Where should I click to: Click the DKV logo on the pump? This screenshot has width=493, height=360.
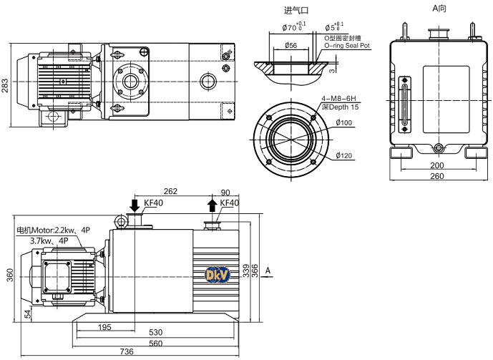click(215, 275)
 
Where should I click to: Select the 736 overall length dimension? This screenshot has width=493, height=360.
click(126, 351)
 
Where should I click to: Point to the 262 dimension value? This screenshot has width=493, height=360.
click(170, 191)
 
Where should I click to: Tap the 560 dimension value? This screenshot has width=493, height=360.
click(155, 342)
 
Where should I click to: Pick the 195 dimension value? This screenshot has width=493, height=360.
click(104, 327)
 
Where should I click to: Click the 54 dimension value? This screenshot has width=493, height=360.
click(27, 313)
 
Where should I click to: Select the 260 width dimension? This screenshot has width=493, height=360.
click(436, 175)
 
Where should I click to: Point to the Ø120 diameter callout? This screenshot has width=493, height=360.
click(343, 156)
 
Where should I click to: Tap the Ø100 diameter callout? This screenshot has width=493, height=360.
click(343, 122)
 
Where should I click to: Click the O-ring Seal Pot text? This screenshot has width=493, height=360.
click(347, 45)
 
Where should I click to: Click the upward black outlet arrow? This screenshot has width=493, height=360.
click(212, 205)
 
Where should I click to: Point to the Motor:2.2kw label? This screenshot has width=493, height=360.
click(54, 230)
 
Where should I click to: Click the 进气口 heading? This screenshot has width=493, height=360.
click(295, 10)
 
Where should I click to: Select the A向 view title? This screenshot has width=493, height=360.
click(439, 8)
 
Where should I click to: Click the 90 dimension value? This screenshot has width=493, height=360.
click(226, 192)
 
